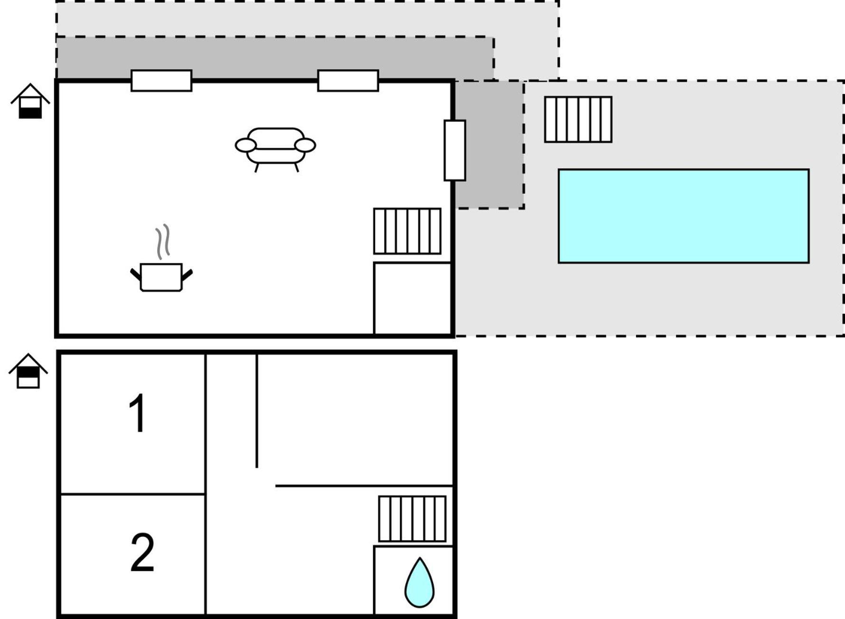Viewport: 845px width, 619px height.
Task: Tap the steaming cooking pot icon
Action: [x=161, y=258]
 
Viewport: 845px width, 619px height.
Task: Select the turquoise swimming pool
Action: [x=684, y=216]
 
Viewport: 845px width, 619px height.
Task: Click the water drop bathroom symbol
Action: [x=419, y=582]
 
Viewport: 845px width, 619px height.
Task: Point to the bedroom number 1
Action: [x=138, y=413]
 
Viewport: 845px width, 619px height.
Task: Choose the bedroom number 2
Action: [x=142, y=552]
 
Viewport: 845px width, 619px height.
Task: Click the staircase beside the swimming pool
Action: [x=578, y=119]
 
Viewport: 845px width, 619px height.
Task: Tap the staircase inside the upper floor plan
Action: [x=407, y=231]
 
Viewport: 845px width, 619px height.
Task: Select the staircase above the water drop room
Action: [x=412, y=519]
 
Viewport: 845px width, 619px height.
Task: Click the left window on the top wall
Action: [x=161, y=81]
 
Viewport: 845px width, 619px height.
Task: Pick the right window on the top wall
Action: [x=348, y=81]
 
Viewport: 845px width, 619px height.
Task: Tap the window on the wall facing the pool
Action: [x=455, y=151]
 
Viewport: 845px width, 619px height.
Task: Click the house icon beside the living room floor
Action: [x=30, y=101]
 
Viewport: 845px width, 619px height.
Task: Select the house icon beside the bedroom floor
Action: [x=28, y=371]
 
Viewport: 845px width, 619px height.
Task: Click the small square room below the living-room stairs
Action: [x=412, y=298]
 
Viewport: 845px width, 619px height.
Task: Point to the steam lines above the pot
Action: [x=162, y=241]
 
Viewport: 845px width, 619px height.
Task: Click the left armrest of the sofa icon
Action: [x=246, y=145]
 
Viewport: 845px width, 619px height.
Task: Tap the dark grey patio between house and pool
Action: [x=489, y=144]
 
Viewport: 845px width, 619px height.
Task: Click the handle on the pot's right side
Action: [x=187, y=275]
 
